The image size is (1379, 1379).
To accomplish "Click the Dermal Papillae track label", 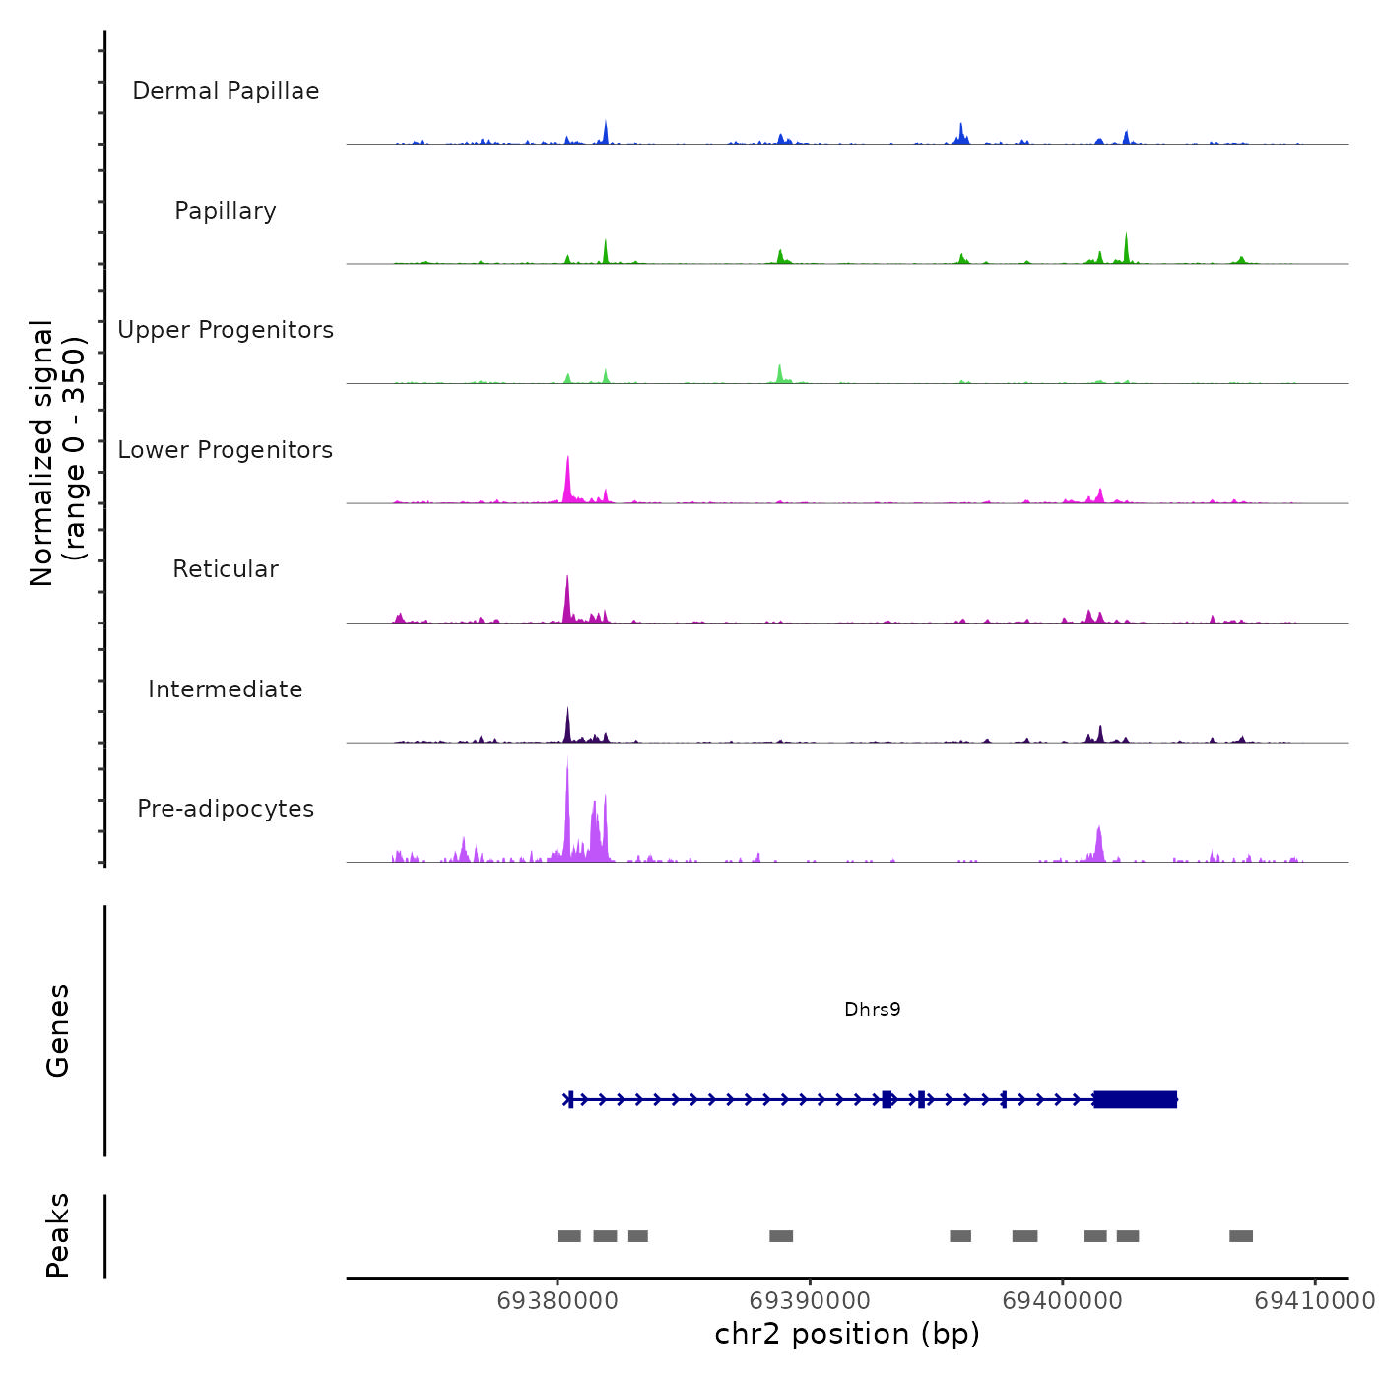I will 226,91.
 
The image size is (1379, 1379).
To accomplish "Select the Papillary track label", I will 226,211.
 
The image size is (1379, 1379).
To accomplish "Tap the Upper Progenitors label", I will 226,330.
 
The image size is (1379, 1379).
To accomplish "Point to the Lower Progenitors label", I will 226,450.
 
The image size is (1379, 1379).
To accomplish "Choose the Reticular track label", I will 226,569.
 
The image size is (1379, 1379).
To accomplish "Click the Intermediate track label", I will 226,689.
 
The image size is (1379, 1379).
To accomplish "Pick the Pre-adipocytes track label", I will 226,809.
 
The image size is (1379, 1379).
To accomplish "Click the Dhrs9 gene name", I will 873,1009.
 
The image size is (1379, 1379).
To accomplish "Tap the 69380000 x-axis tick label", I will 558,1300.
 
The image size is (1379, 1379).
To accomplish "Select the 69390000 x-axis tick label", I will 810,1300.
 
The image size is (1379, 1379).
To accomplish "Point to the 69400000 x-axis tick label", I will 1062,1300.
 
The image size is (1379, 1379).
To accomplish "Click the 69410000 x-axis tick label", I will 1314,1300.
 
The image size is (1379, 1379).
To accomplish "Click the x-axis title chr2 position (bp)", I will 847,1334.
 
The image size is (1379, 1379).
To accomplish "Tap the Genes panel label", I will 58,1030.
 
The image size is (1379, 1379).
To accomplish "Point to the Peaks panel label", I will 58,1235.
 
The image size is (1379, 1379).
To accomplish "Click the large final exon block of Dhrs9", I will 1135,1099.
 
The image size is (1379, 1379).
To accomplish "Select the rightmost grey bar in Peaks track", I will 1241,1236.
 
